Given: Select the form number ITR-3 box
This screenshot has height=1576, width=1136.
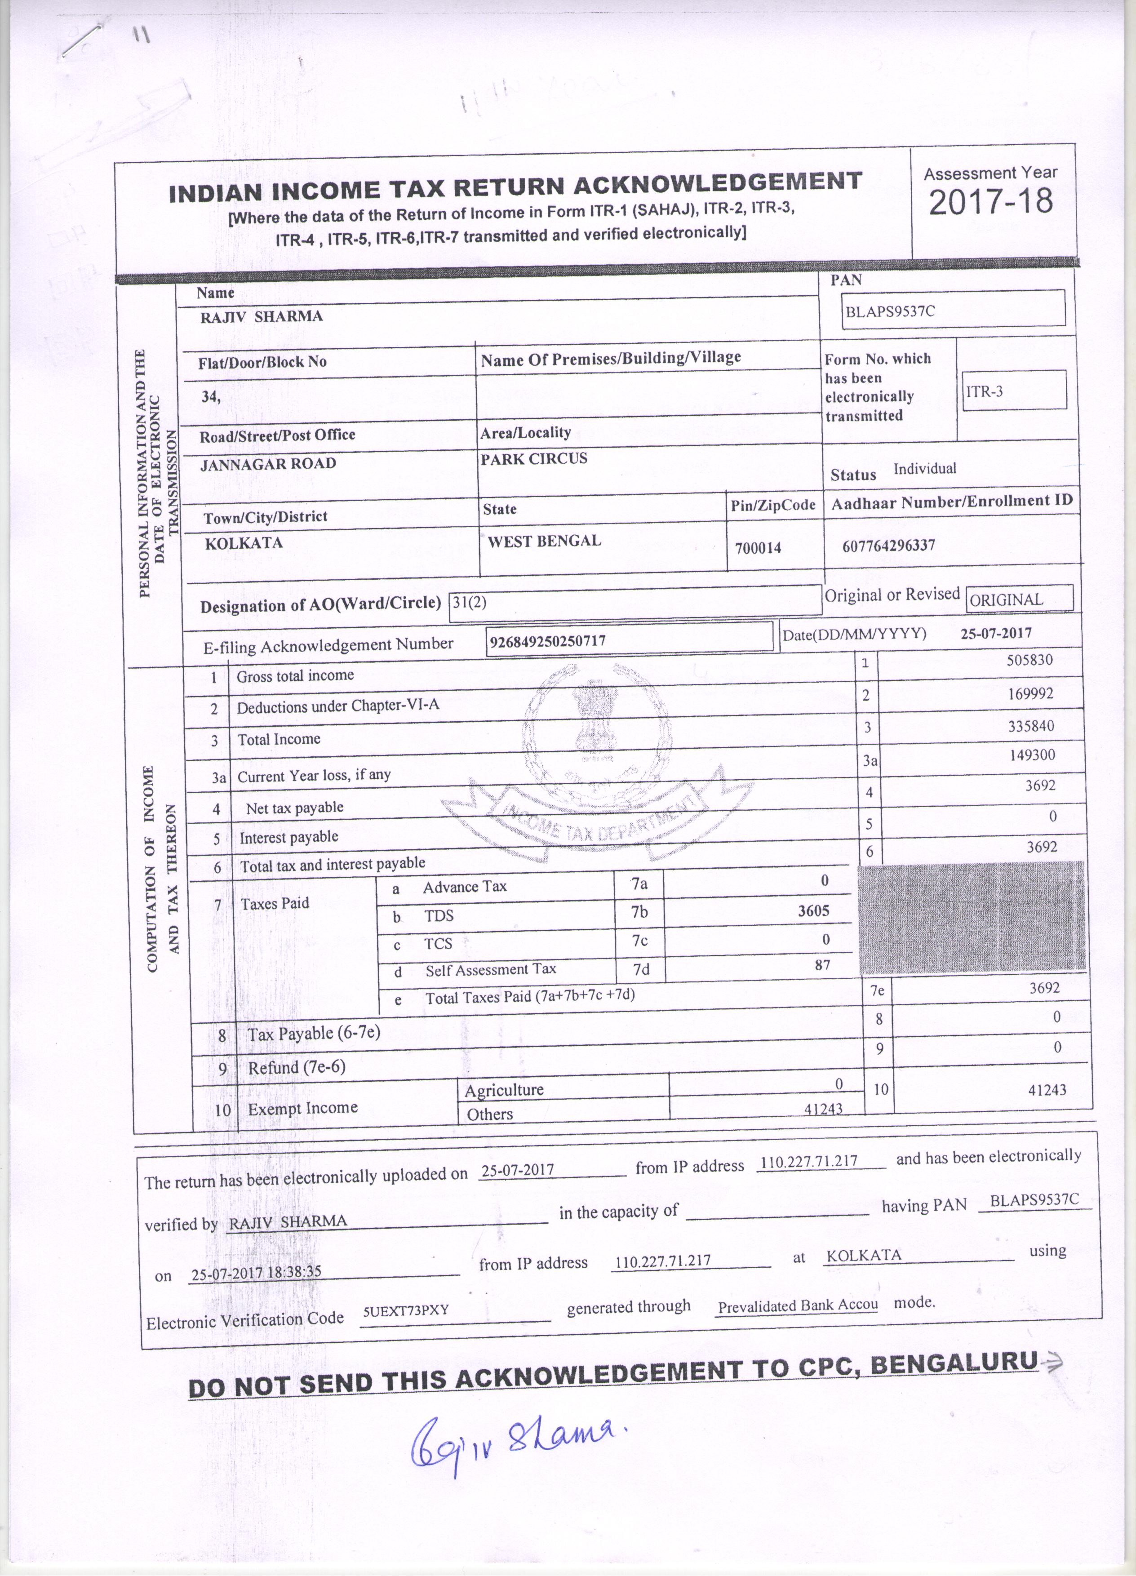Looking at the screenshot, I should (1014, 391).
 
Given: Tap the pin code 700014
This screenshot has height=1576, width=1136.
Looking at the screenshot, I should (758, 547).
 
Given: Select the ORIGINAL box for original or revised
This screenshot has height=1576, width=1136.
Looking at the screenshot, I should (1019, 599).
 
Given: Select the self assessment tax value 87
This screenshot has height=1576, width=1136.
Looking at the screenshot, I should (822, 965).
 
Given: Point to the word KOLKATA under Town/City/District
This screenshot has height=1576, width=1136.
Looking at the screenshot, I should (243, 543).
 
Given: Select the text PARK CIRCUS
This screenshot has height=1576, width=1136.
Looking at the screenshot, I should (533, 459).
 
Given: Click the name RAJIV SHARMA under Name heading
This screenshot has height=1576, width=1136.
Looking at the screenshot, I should (261, 317).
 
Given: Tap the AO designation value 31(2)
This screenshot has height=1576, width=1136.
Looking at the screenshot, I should (469, 602).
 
